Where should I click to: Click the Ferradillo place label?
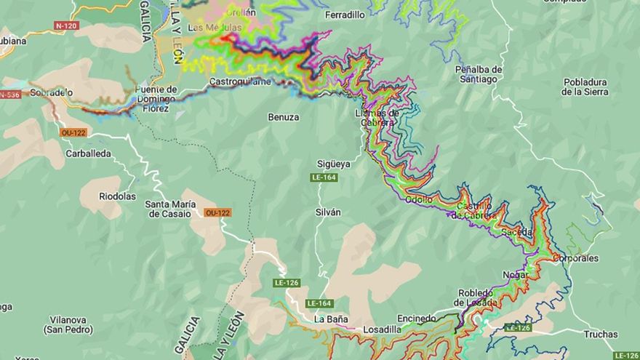coord(345,15)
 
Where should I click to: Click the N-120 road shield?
coord(66,25)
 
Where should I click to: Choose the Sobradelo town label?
coord(51,93)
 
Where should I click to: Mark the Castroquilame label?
coord(239,81)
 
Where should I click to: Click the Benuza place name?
coord(283,117)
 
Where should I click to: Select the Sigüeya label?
coord(333,164)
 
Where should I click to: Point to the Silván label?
coord(328,212)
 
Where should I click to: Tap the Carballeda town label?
coord(88,153)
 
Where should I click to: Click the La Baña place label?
coord(331,319)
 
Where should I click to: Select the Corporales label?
coord(575,257)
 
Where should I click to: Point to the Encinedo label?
coord(417,318)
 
